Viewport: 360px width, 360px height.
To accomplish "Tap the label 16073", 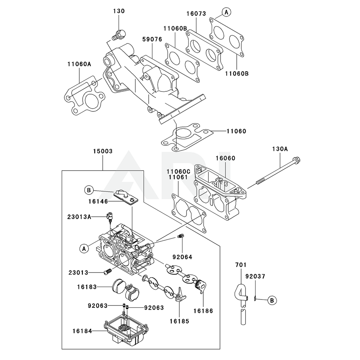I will coord(196,14).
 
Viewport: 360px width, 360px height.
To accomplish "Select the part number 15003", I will coord(103,152).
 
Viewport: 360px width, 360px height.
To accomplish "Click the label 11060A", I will coord(79,64).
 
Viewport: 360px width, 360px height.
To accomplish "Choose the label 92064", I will coord(182,257).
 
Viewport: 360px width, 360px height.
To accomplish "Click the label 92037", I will coord(255,276).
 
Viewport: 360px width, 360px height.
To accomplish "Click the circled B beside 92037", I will coord(272,300).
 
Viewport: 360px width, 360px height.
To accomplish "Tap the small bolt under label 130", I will coord(119,35).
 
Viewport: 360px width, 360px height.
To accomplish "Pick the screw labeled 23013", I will coord(107,273).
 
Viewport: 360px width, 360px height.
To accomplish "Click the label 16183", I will coord(87,287).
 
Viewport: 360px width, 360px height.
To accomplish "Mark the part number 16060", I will coord(225,158).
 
